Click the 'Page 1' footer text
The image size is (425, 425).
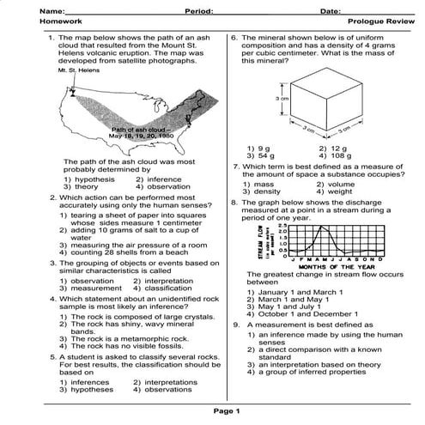pos(212,410)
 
